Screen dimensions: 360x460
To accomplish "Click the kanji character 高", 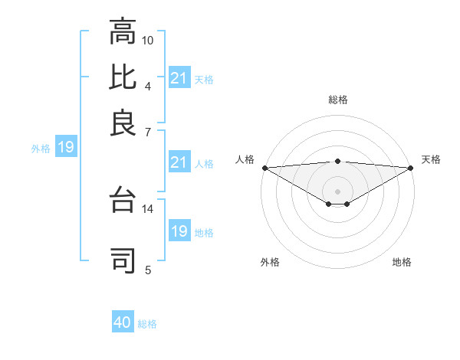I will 123,34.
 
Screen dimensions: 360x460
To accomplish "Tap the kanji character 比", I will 123,77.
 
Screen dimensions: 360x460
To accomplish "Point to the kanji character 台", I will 123,201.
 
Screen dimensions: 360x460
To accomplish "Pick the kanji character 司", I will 123,260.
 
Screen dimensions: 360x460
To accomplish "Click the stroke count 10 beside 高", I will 148,39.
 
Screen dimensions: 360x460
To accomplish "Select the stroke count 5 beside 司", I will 148,270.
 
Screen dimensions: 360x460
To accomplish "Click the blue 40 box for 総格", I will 123,322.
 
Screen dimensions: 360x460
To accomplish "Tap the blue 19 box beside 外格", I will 65,148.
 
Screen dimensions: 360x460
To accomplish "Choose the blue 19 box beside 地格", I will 179,231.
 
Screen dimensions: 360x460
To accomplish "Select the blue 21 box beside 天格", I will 179,78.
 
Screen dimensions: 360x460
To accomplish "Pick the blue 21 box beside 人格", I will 179,162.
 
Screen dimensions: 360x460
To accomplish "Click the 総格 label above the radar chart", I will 337,100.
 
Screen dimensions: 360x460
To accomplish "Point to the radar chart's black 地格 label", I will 402,262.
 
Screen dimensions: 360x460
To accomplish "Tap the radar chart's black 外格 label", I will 270,262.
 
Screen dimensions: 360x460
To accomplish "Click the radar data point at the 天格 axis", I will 411,168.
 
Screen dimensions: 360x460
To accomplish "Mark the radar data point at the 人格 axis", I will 264,168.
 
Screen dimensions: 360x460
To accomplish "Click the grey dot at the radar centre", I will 337,191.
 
